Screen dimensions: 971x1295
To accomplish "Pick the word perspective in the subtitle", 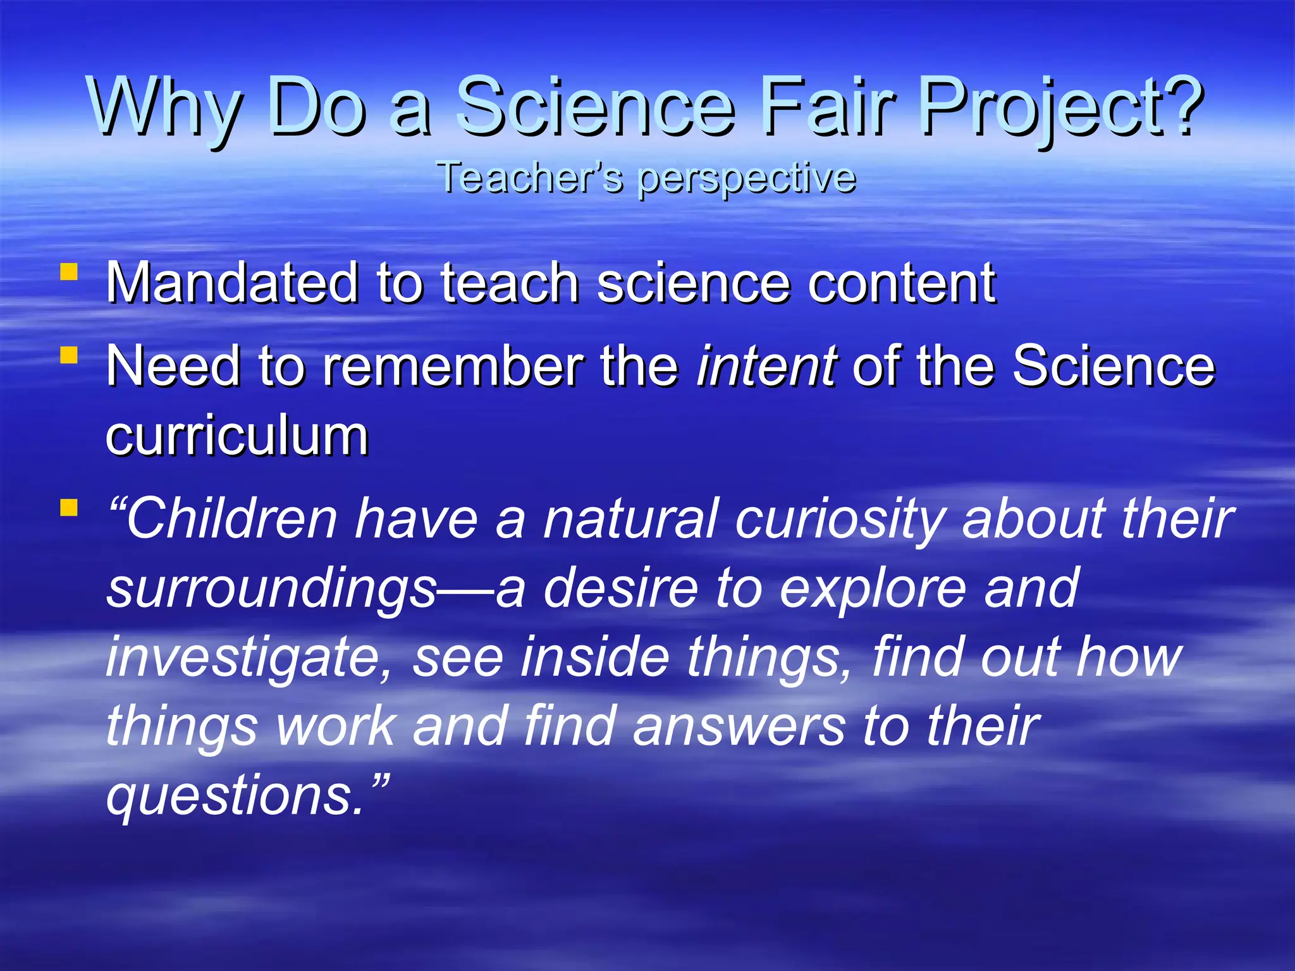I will coord(746,178).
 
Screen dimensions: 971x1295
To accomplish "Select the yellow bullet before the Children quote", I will coord(69,507).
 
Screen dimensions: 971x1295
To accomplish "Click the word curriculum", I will coord(236,436).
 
